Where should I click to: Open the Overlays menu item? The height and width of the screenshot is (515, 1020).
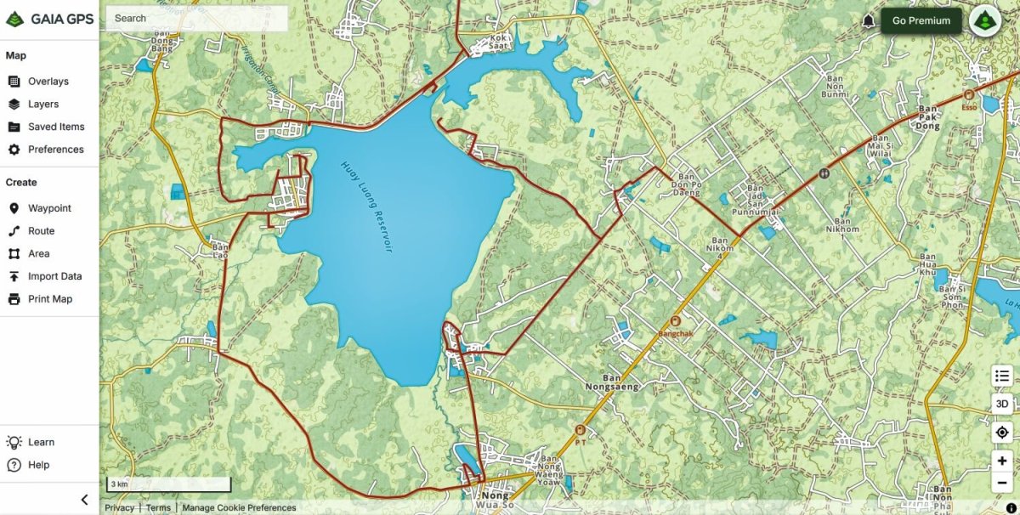pyautogui.click(x=48, y=82)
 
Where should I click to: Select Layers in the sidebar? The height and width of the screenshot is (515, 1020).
pyautogui.click(x=42, y=105)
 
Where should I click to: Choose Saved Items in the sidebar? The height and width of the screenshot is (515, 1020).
pyautogui.click(x=55, y=127)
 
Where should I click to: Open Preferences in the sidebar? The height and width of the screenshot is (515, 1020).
pyautogui.click(x=55, y=150)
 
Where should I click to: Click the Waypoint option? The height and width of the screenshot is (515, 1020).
pyautogui.click(x=49, y=208)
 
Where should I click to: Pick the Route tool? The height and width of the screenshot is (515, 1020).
pyautogui.click(x=41, y=231)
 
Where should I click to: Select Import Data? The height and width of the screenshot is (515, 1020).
pyautogui.click(x=54, y=276)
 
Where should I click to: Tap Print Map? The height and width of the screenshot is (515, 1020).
pyautogui.click(x=49, y=299)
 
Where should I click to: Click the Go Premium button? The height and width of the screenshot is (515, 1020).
pyautogui.click(x=921, y=20)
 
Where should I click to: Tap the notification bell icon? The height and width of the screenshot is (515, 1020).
pyautogui.click(x=869, y=20)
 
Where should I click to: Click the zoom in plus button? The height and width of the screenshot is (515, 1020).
pyautogui.click(x=1003, y=461)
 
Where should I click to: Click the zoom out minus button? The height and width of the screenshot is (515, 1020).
pyautogui.click(x=1003, y=483)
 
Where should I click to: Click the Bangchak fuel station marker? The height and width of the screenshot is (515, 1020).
pyautogui.click(x=676, y=321)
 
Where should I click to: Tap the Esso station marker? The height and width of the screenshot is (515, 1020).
pyautogui.click(x=968, y=95)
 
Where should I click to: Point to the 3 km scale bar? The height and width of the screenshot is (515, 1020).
pyautogui.click(x=168, y=484)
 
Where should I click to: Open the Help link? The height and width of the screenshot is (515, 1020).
pyautogui.click(x=38, y=465)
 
